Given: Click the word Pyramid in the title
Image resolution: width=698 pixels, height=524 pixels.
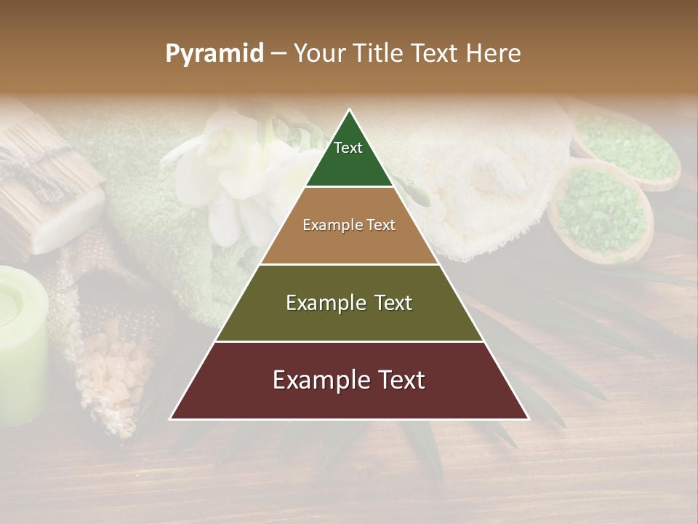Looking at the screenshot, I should pos(214,54).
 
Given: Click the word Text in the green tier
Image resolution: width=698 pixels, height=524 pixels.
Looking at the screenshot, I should pos(348,148).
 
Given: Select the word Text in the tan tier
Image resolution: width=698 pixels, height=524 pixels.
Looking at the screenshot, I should pos(380,225).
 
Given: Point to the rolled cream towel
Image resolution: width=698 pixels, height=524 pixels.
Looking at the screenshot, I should pos(480,189).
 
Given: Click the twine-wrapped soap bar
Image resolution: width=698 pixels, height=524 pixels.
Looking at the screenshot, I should pos(44,182).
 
